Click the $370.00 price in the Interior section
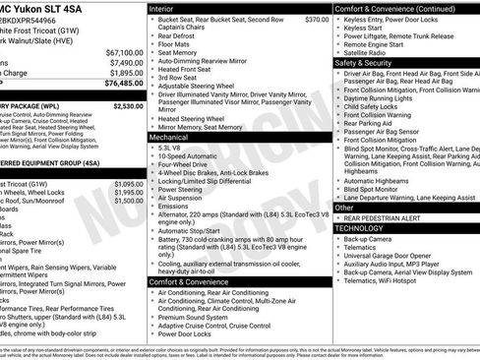pyautogui.click(x=317, y=19)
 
